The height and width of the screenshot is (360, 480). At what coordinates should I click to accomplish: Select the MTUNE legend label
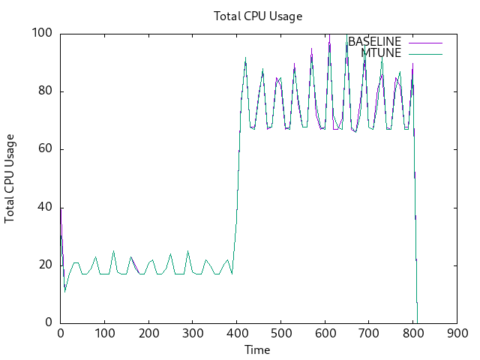pos(381,52)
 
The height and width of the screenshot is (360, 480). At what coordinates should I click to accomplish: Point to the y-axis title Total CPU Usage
pos(10,178)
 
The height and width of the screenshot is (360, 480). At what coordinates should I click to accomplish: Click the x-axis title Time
pos(257,349)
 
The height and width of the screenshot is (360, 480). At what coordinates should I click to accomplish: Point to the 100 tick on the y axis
pos(42,33)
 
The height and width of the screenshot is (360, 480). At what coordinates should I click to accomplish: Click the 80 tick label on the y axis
pos(45,91)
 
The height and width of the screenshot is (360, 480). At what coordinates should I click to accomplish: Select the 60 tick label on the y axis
pos(45,149)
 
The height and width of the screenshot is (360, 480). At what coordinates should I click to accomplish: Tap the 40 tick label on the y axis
pos(45,208)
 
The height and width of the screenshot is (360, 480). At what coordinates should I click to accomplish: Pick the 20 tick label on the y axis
pos(45,265)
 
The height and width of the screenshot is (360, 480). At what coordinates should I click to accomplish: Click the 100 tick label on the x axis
pos(104,334)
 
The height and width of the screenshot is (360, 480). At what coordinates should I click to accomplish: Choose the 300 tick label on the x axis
pos(193,334)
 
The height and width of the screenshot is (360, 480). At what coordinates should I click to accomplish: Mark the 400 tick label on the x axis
pos(237,334)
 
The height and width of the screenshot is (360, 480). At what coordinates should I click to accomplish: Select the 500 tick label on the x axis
pos(280,334)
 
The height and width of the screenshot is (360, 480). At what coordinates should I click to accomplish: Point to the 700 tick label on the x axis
pos(368,334)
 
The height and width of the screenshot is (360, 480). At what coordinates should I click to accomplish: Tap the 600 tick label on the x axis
pos(325,334)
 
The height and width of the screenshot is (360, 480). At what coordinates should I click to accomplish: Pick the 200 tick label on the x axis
pos(148,334)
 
